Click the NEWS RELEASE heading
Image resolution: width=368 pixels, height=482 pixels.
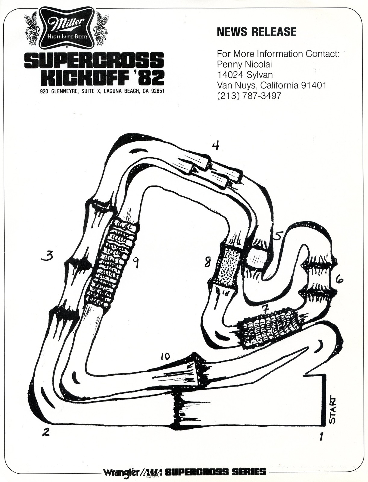[257, 32]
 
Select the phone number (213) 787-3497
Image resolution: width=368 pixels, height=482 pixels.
[249, 96]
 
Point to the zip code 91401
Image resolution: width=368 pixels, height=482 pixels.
[313, 85]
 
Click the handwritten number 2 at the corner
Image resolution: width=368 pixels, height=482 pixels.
[45, 432]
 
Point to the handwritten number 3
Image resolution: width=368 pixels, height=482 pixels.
[48, 256]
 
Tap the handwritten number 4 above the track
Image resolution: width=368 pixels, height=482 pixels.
[215, 146]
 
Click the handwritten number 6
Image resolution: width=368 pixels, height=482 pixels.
[339, 280]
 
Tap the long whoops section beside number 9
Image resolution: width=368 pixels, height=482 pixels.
[112, 262]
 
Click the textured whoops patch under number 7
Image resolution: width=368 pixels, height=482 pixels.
[269, 327]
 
